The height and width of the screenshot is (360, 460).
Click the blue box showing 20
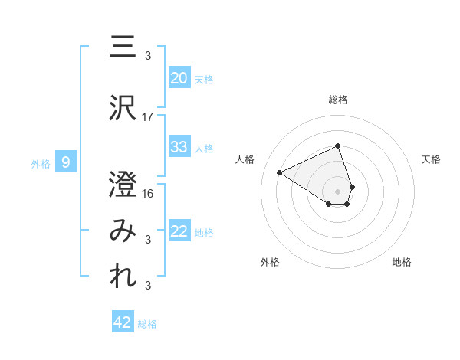[x=179, y=78]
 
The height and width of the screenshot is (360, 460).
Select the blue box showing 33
[x=179, y=147]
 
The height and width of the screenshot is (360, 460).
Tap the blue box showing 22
[x=179, y=232]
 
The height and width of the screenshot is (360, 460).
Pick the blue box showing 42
[x=122, y=322]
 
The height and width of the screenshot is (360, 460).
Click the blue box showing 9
[x=66, y=162]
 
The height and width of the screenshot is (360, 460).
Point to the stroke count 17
[x=148, y=117]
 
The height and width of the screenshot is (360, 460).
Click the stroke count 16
[x=148, y=193]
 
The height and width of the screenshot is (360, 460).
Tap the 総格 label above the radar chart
[x=337, y=100]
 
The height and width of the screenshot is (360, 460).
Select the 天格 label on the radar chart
[x=431, y=159]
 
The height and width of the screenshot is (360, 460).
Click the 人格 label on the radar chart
[x=245, y=159]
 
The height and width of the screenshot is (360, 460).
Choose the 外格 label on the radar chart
[x=270, y=262]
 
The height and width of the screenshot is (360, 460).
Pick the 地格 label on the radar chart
[x=402, y=262]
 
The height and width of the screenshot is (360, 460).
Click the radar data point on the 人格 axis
[x=280, y=172]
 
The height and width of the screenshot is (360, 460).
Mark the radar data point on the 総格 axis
[x=337, y=146]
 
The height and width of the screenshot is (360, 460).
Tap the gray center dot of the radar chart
[x=337, y=191]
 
